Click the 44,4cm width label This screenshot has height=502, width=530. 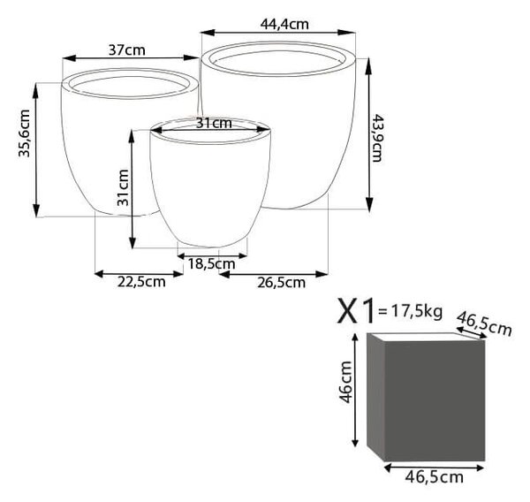pos(284,25)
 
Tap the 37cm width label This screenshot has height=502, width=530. pos(126,50)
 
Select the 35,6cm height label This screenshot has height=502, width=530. pos(25,133)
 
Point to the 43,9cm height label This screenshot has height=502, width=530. pos(377,138)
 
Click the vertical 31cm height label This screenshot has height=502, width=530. pos(123,187)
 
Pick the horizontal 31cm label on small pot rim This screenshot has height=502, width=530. pos(214,124)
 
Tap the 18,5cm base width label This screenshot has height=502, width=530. pos(211,264)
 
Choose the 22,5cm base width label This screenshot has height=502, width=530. pos(141,282)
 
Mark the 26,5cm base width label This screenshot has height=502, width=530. pos(281,283)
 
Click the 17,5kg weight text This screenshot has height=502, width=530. pos(416,311)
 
